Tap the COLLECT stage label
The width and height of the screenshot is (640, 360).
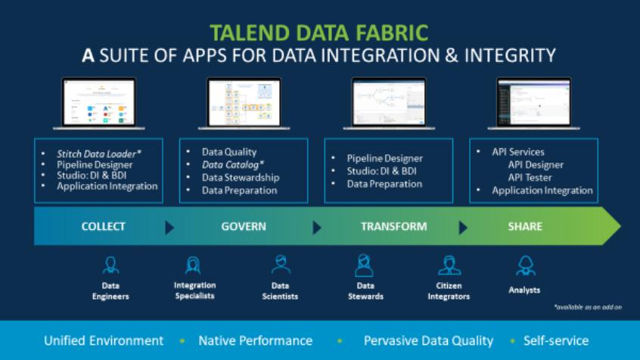click(x=103, y=226)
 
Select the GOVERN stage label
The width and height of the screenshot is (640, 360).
click(x=243, y=226)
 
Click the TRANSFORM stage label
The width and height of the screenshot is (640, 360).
click(x=393, y=226)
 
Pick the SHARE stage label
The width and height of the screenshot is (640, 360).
click(x=525, y=226)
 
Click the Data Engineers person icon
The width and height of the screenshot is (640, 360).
click(x=110, y=265)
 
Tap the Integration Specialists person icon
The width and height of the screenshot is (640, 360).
click(x=194, y=265)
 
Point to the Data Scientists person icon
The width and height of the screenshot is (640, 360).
click(x=281, y=265)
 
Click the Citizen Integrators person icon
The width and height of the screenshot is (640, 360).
click(x=449, y=265)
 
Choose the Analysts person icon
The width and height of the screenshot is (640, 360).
click(x=524, y=265)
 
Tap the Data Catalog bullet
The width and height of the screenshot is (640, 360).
click(x=233, y=164)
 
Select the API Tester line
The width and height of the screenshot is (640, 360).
click(x=530, y=177)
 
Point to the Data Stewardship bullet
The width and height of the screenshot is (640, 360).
click(x=241, y=177)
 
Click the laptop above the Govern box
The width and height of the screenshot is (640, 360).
click(x=244, y=104)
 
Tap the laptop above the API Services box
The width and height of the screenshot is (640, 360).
click(x=533, y=104)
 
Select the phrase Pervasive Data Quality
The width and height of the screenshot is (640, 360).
click(x=428, y=341)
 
